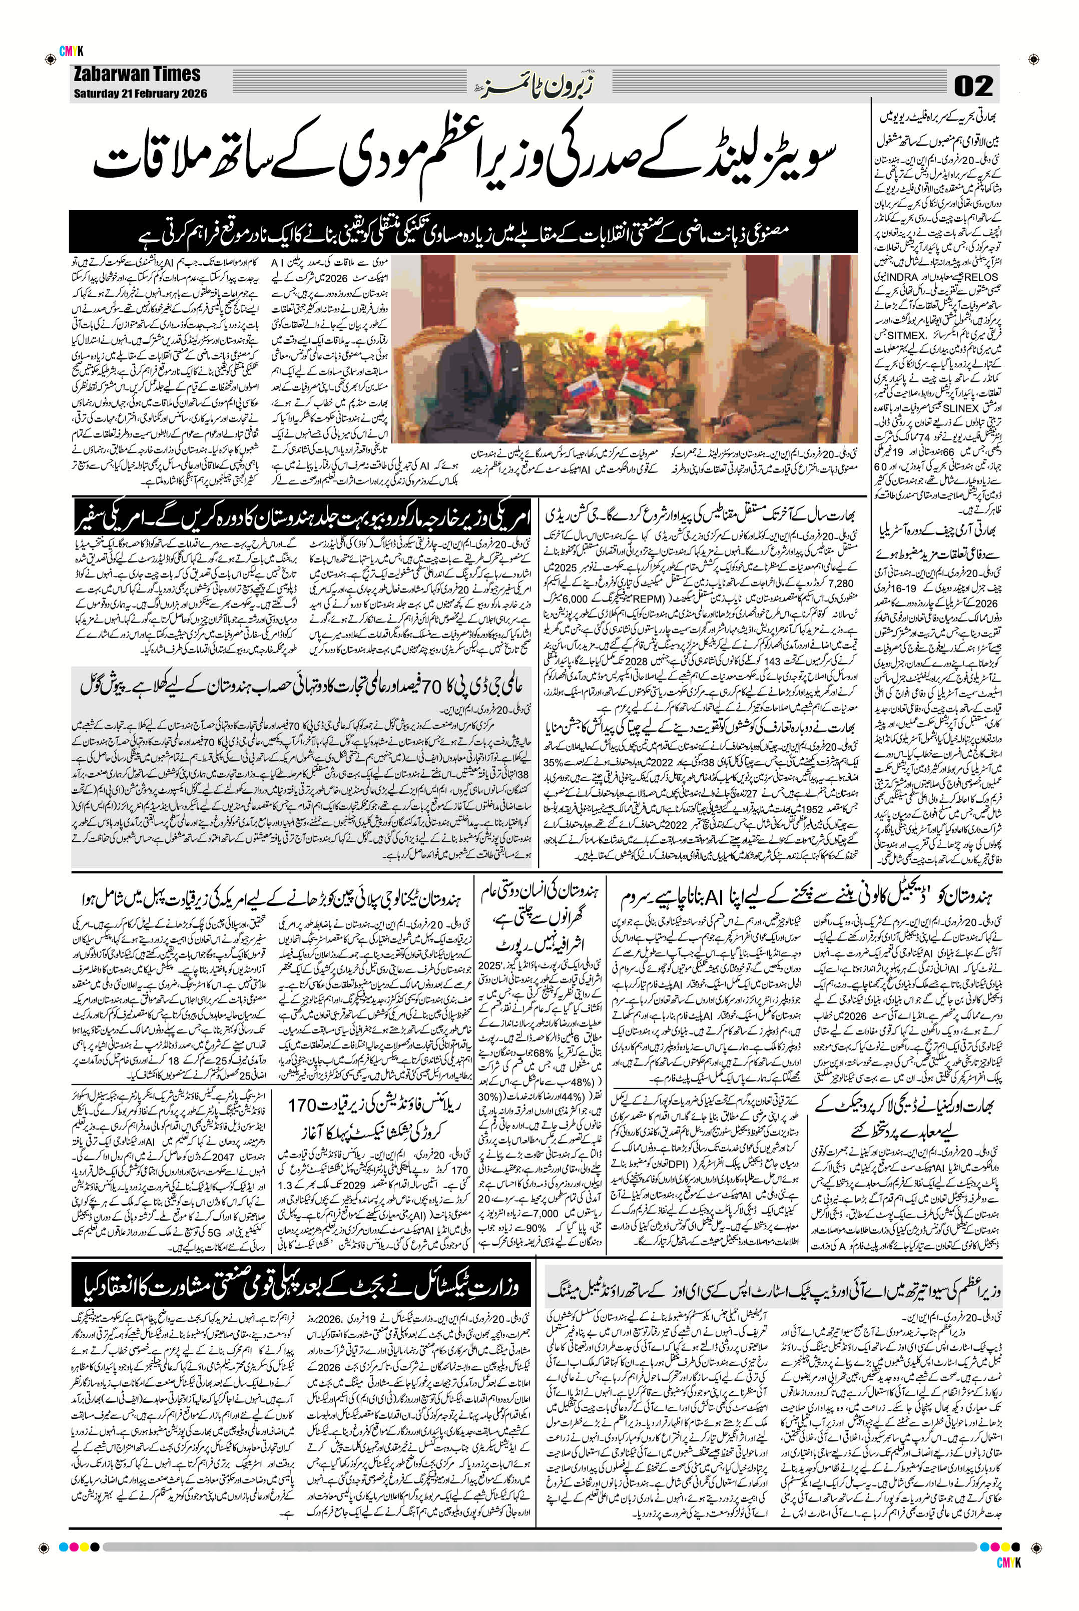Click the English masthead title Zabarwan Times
(x=138, y=74)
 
